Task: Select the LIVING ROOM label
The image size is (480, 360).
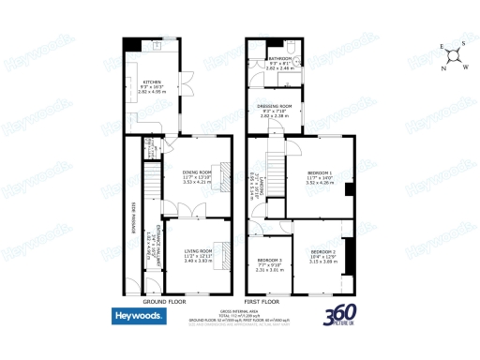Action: (x=197, y=251)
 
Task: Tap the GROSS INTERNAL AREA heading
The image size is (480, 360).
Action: (x=240, y=309)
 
